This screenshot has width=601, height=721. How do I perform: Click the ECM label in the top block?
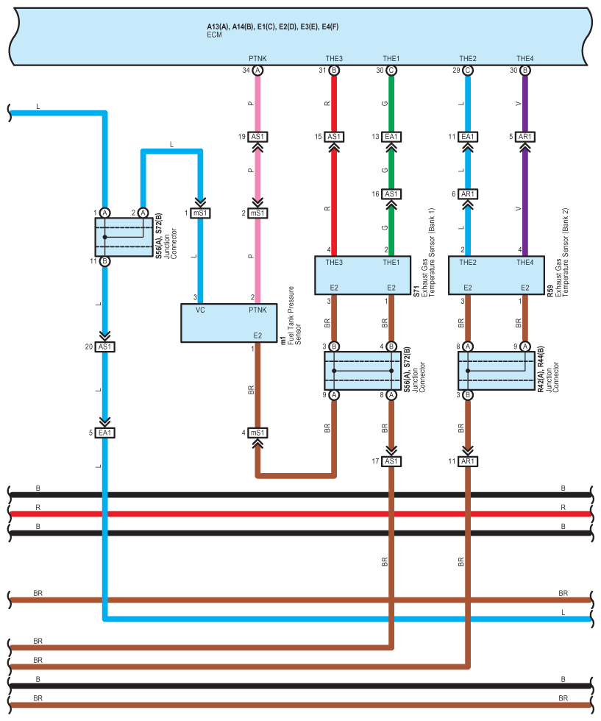coord(214,35)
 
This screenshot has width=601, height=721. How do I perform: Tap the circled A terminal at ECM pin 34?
coord(257,71)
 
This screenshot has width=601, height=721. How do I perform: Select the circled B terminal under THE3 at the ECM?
coord(334,71)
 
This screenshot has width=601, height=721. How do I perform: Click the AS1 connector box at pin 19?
coord(257,137)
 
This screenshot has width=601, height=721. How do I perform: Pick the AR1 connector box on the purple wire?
coord(524,137)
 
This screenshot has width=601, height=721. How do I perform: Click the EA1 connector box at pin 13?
coord(391,137)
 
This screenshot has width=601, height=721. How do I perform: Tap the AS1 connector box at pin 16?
coord(391,194)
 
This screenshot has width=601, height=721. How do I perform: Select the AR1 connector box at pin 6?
coord(468,194)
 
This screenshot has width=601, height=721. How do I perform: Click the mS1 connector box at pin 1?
coord(201,213)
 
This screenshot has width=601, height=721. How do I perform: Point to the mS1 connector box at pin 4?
coord(257,433)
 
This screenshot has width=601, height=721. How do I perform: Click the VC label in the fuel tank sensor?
coord(201,310)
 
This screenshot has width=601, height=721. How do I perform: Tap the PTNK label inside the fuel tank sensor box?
coord(257,310)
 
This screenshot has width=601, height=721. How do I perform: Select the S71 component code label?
coord(416,291)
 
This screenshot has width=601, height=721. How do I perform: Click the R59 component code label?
coord(550,291)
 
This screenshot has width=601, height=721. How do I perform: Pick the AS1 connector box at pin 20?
coord(105,347)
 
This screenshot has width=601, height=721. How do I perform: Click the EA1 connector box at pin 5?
coord(105,433)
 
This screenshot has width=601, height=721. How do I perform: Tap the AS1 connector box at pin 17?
coord(391,461)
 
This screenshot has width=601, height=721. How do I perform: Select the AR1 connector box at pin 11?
coord(468,461)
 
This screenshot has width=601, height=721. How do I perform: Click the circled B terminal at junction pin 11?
coord(105,261)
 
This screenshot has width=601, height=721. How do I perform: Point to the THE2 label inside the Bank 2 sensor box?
coord(468,262)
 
